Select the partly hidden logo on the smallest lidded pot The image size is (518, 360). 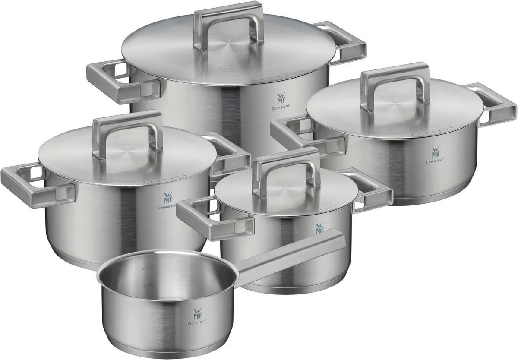pos(320,228)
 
